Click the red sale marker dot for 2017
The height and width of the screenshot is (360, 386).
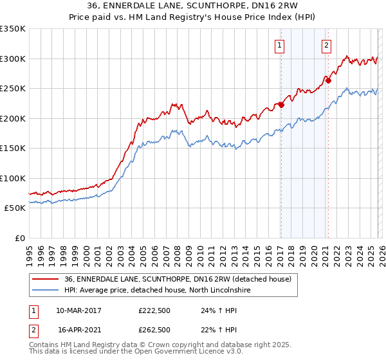(x=281, y=105)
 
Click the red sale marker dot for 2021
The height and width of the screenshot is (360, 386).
(x=327, y=81)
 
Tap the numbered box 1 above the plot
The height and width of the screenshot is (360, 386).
(x=280, y=45)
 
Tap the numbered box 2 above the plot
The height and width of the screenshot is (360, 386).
(x=327, y=45)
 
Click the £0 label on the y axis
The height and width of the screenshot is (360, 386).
(x=19, y=238)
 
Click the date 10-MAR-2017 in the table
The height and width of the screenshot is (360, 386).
(x=78, y=310)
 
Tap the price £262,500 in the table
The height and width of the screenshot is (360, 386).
(x=154, y=329)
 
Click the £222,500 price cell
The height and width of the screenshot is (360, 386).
(x=154, y=310)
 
